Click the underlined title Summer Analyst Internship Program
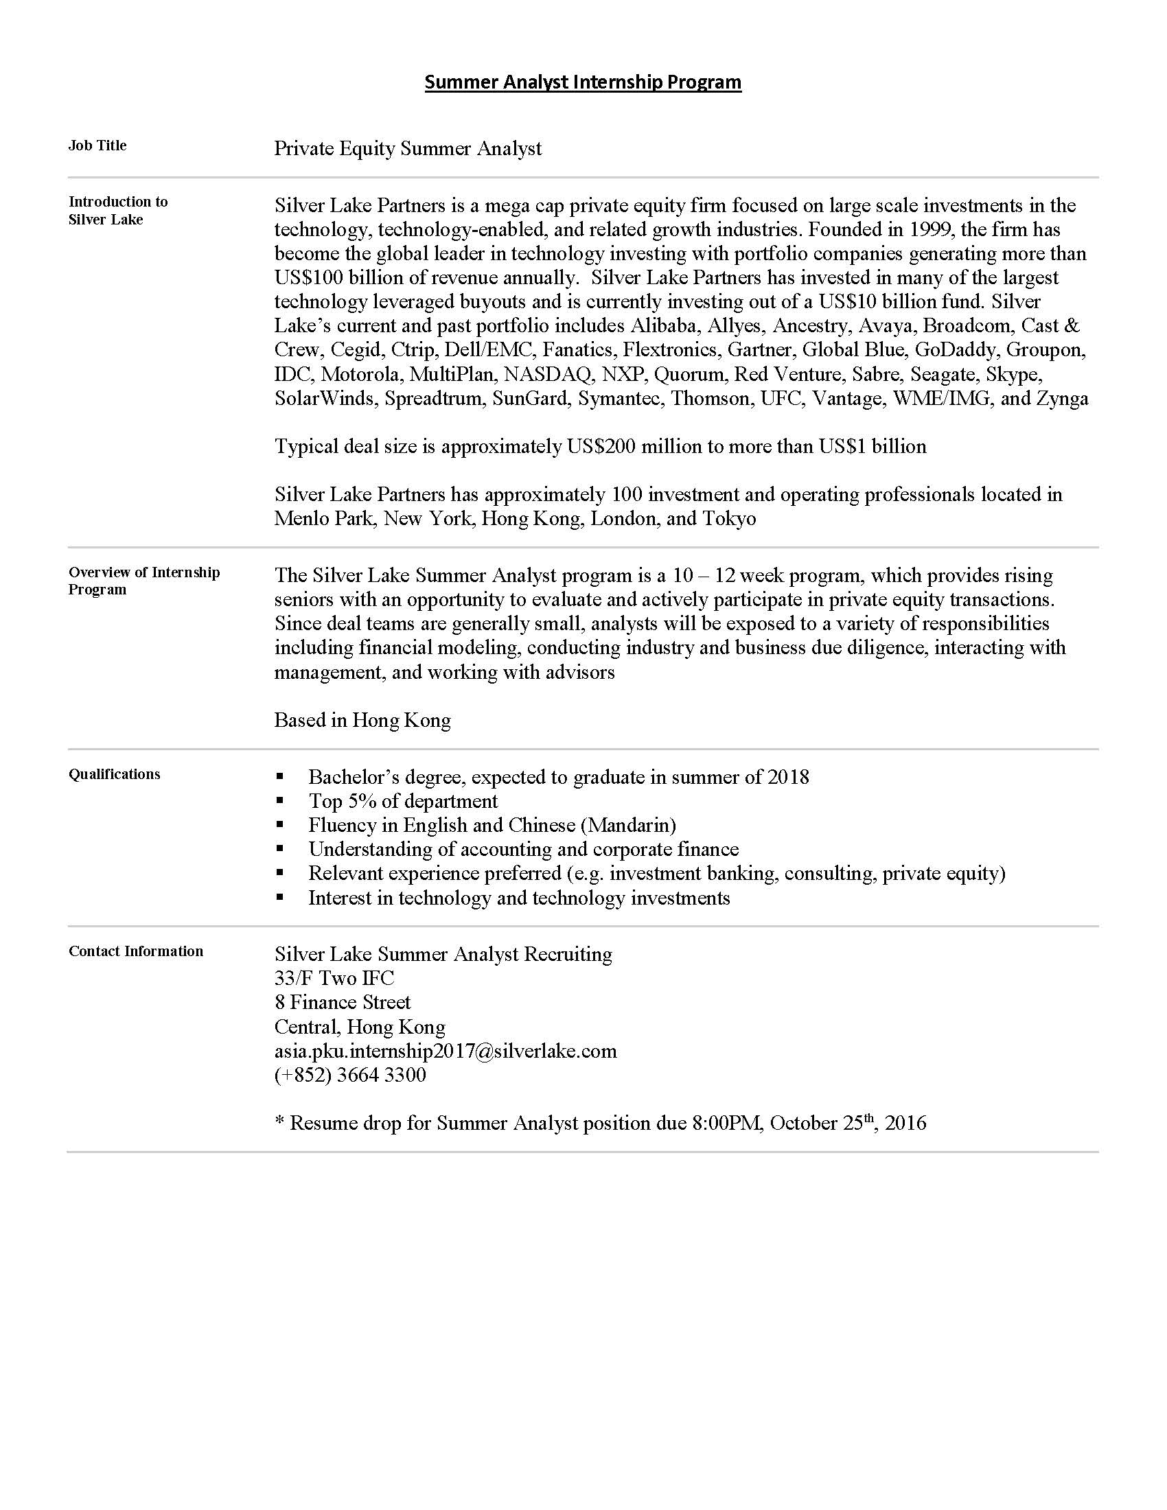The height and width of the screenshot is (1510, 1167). (x=583, y=82)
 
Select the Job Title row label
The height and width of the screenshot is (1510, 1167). (x=97, y=146)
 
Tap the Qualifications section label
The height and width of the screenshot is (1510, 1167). (x=114, y=774)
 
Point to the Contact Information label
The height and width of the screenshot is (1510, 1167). (x=135, y=951)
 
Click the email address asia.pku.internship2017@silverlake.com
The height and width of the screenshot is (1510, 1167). (x=446, y=1051)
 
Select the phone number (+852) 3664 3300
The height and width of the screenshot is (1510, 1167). (x=350, y=1075)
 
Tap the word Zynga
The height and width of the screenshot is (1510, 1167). (x=1062, y=398)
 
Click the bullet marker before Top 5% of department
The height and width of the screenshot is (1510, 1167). (x=279, y=800)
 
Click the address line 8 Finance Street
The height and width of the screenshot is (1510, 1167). (x=343, y=1003)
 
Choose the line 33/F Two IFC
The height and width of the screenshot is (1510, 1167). (x=334, y=978)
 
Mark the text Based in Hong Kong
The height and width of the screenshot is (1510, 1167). (x=362, y=721)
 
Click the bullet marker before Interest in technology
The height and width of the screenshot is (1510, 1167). (x=279, y=898)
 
